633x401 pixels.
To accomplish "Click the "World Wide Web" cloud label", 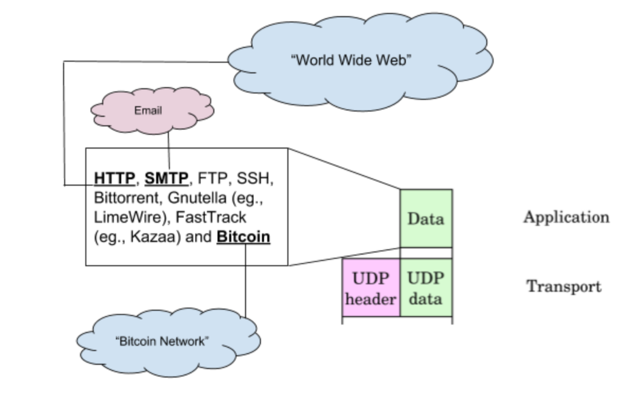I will click(x=353, y=60).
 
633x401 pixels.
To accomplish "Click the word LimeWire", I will click(x=121, y=218).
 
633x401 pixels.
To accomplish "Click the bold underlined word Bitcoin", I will click(x=243, y=237).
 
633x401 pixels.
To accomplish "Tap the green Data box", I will click(x=426, y=219).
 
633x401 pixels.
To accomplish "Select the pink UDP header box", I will click(x=371, y=288).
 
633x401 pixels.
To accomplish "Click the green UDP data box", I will click(x=426, y=288).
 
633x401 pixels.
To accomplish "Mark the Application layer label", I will click(x=566, y=217).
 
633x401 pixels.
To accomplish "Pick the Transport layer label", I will click(x=564, y=286).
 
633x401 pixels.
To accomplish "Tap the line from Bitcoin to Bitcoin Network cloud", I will click(x=245, y=282).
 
